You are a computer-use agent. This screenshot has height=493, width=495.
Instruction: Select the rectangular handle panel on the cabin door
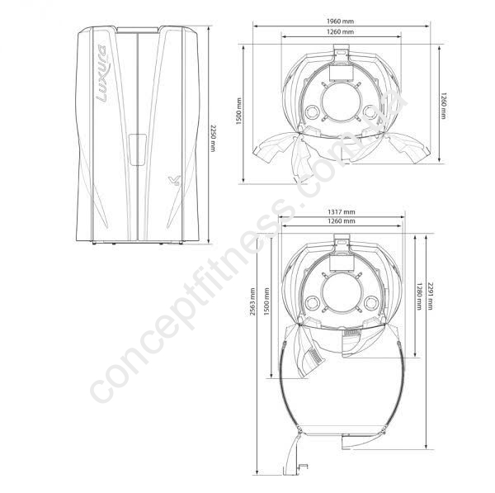[x=138, y=149]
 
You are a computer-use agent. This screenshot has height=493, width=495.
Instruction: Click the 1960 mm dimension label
[x=340, y=21]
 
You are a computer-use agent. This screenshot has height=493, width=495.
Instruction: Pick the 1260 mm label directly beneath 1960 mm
[x=340, y=32]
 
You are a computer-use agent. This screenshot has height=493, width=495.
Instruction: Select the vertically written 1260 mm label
[x=444, y=106]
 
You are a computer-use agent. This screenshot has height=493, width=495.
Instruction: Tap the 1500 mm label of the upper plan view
[x=238, y=111]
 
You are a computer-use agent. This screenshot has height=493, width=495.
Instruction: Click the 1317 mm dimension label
[x=341, y=211]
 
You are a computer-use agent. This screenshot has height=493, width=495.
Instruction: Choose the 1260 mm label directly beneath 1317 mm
[x=341, y=221]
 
